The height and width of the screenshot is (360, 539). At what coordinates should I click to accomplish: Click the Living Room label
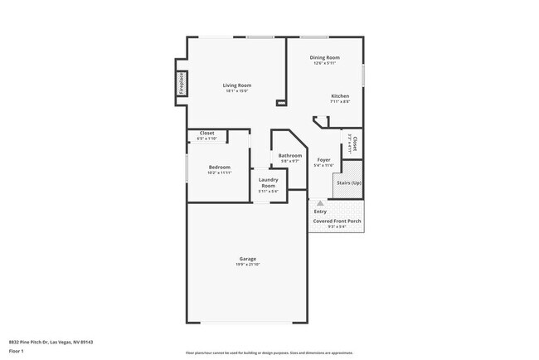coord(236,85)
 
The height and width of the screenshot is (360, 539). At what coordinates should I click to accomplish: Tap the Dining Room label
coord(325,57)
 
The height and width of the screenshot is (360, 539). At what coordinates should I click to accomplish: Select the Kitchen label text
coord(340,95)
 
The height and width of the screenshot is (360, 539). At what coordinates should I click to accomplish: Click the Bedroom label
coord(219,167)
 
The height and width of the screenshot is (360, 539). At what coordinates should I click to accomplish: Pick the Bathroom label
coord(289,155)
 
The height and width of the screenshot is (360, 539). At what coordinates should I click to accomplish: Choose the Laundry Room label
coord(267,182)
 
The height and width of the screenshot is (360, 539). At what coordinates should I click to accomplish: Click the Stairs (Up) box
coord(348,183)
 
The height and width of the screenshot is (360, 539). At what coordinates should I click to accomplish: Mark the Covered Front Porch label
coord(337,221)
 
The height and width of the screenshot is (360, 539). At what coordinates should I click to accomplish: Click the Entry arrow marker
coord(320,202)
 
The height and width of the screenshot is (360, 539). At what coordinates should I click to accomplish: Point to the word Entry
coord(320,212)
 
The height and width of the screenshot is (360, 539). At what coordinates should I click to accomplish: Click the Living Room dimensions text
coord(236,91)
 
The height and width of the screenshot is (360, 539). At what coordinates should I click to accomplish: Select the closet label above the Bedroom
coord(207,134)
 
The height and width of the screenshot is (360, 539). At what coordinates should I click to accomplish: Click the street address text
coord(51,341)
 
